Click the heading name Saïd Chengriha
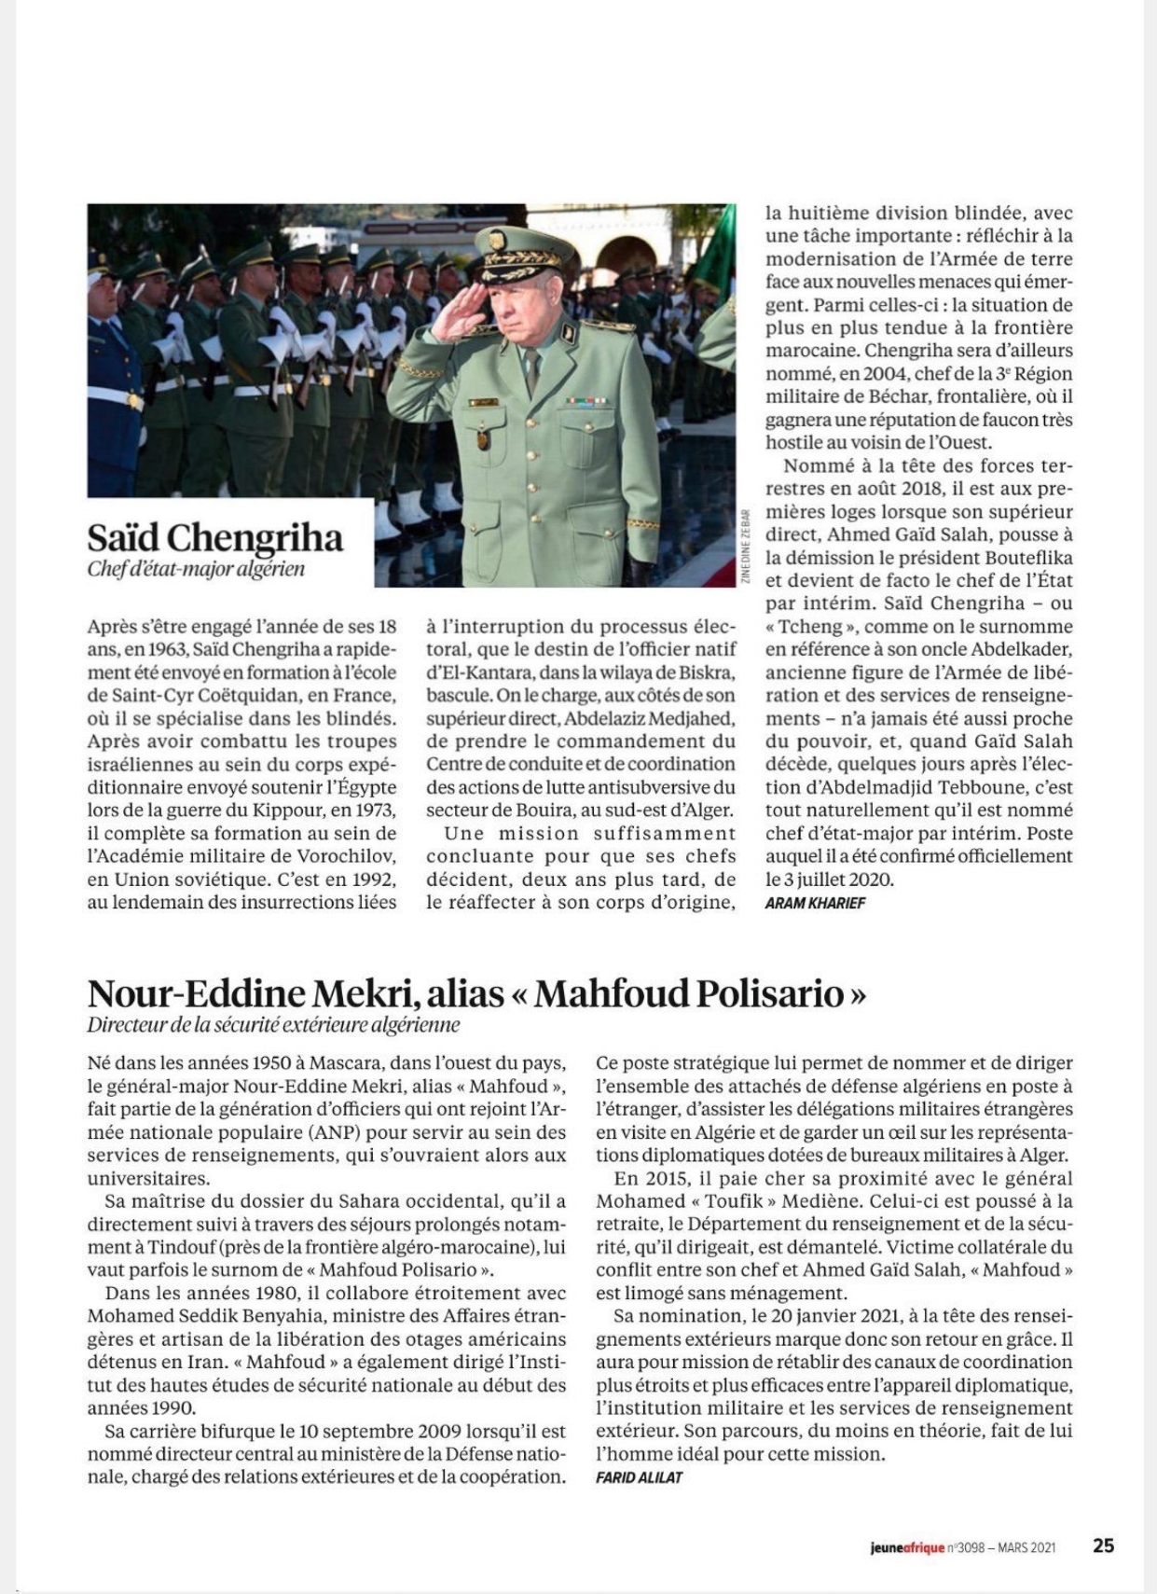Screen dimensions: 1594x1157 tap(214, 536)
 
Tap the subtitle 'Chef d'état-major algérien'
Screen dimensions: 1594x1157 tap(196, 568)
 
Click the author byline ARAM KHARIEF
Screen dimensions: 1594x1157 tap(814, 903)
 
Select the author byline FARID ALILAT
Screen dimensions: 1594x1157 tap(639, 1477)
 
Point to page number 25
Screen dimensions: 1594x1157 tap(1103, 1546)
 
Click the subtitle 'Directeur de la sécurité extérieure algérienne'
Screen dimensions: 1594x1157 tap(273, 1025)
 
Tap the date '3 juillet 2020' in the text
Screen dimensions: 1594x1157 tap(822, 879)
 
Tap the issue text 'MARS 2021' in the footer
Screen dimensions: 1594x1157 tap(1026, 1548)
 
